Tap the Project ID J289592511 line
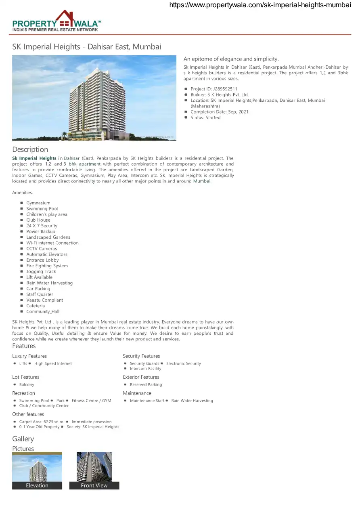pyautogui.click(x=214, y=89)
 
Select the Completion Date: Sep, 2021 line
pyautogui.click(x=220, y=112)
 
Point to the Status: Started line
pyautogui.click(x=205, y=118)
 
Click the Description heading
pyautogui.click(x=30, y=149)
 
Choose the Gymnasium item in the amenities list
pyautogui.click(x=38, y=203)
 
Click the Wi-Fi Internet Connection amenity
pyautogui.click(x=52, y=243)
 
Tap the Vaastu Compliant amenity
pyautogui.click(x=44, y=300)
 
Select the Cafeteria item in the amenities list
pyautogui.click(x=36, y=306)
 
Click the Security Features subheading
pyautogui.click(x=141, y=356)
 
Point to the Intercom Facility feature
pyautogui.click(x=145, y=368)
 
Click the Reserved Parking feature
pyautogui.click(x=146, y=384)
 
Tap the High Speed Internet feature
pyautogui.click(x=53, y=363)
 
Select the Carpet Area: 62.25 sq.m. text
pyautogui.click(x=42, y=422)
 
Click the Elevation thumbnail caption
pyautogui.click(x=37, y=485)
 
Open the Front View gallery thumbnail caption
pyautogui.click(x=94, y=485)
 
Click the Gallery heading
pyautogui.click(x=23, y=439)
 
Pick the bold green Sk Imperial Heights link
pyautogui.click(x=34, y=158)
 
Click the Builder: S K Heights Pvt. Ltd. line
pyautogui.click(x=220, y=95)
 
